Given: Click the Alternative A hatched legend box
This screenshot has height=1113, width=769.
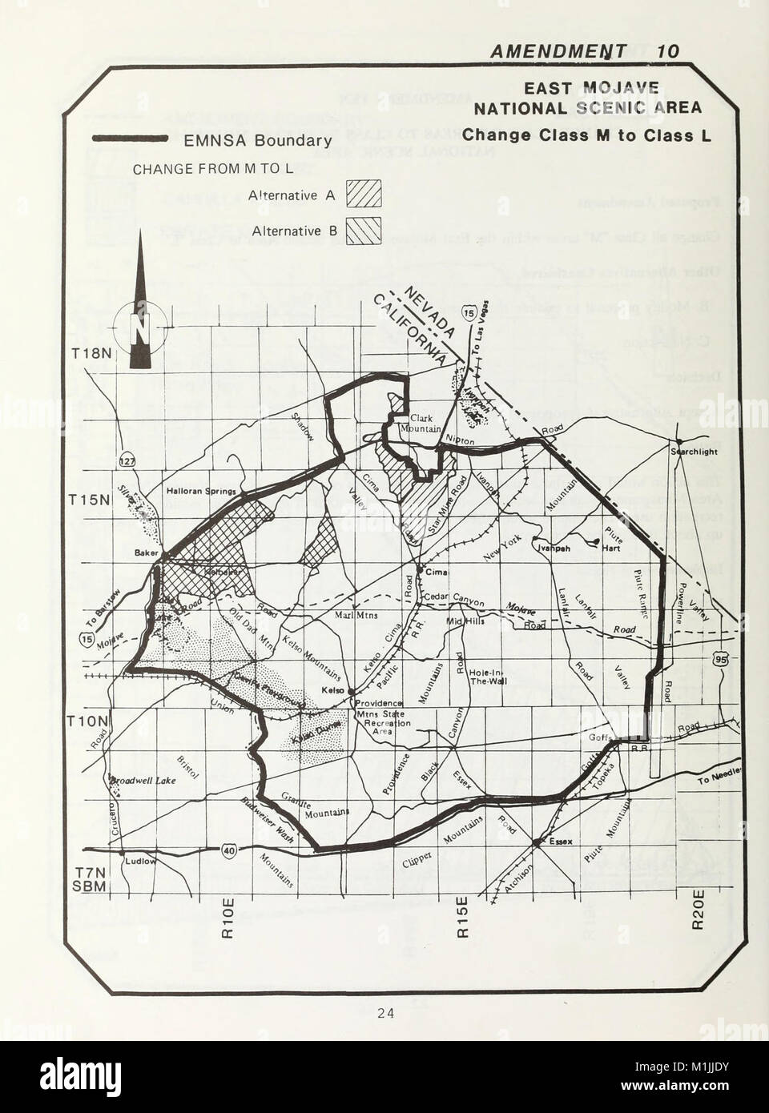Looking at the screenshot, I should (x=362, y=195).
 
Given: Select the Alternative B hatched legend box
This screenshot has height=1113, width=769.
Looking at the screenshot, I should (x=362, y=231).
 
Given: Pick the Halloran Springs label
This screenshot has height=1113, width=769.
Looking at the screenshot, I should (x=200, y=492).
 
